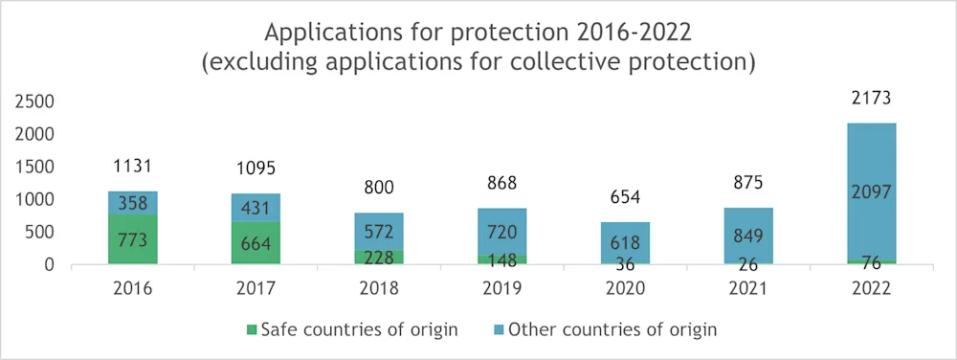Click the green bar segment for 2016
click(132, 239)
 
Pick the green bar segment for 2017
click(255, 243)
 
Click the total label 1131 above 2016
click(132, 167)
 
